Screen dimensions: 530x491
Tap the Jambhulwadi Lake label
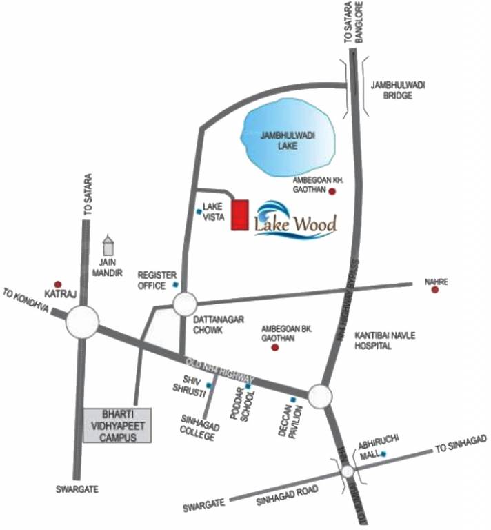(x=288, y=143)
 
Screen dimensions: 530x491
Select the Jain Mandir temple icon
(x=108, y=246)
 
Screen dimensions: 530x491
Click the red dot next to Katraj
(x=58, y=284)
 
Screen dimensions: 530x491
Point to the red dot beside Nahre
(x=434, y=290)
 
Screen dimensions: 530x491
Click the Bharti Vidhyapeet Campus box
(x=114, y=426)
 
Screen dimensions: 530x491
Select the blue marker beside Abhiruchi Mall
(x=383, y=454)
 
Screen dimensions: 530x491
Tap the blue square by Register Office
(x=176, y=284)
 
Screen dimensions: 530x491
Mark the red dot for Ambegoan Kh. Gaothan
(x=332, y=191)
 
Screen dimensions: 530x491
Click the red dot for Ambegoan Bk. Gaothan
(x=275, y=348)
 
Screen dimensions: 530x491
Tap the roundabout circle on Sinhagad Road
(x=348, y=471)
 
